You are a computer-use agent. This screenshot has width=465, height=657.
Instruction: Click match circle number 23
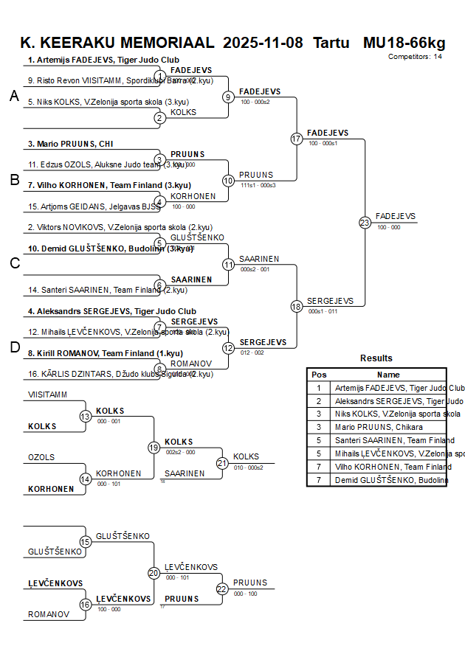coord(365,222)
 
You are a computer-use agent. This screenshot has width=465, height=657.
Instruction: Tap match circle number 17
coord(297,139)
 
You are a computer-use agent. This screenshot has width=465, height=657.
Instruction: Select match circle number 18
coord(297,306)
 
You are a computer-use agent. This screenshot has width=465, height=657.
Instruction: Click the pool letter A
coord(14,96)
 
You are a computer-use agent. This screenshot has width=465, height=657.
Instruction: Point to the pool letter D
coord(14,347)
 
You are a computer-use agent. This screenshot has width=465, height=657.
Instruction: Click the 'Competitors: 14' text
coord(415,57)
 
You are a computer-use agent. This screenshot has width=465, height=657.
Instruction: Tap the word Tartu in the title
coord(331,42)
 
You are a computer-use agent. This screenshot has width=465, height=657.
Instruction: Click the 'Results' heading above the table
coord(376,358)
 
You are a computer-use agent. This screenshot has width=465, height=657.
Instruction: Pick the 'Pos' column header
coord(319,375)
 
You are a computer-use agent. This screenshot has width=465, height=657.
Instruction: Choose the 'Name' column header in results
coord(388,375)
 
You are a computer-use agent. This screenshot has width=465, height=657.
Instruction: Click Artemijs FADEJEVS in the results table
coord(399,387)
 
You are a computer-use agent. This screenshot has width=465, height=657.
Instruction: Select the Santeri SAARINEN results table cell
coord(394,440)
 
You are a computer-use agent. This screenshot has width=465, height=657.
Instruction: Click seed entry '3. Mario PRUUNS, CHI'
coord(71,144)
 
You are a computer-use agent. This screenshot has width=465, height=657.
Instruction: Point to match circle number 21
coord(222,463)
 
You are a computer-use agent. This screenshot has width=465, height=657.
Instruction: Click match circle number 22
coord(222,588)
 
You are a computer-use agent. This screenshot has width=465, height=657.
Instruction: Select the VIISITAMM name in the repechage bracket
coord(47,394)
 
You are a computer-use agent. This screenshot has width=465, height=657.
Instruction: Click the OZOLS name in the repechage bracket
coord(41,457)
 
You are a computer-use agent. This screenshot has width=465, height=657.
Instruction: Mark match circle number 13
coord(86,417)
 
